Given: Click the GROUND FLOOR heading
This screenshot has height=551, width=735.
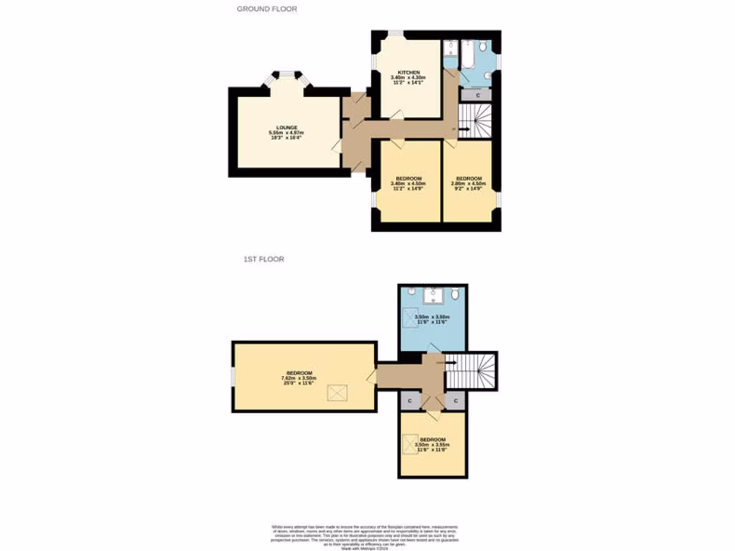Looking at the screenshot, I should (267, 9).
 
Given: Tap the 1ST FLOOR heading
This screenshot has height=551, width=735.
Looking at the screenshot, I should (263, 259).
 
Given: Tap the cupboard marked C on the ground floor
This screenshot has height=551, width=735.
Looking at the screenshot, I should (478, 95).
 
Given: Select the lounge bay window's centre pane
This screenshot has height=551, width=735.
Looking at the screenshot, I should (287, 73).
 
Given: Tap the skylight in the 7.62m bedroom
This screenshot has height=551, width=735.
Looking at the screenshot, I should (337, 392).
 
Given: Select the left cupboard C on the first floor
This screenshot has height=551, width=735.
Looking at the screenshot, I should (410, 400).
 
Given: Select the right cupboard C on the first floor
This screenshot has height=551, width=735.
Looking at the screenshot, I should (455, 400).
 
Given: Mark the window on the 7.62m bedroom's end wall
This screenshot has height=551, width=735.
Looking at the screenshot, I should (233, 377).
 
